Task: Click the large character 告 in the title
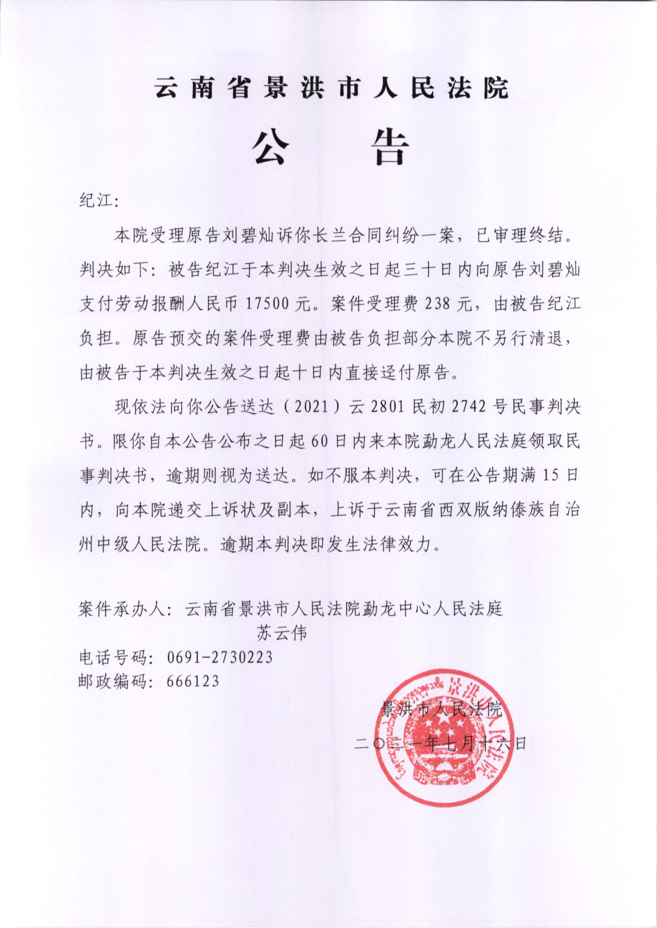tap(388, 148)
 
